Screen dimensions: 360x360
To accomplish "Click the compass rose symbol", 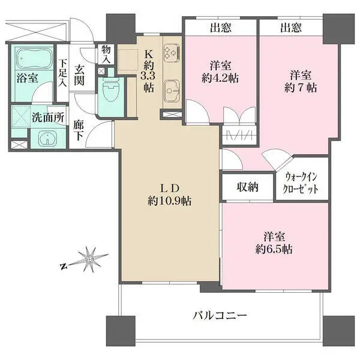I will (x=89, y=260).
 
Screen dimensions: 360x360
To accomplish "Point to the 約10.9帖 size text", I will (x=170, y=202).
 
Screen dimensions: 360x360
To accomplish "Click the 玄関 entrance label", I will (x=79, y=76).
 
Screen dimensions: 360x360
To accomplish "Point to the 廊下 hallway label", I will (x=79, y=130).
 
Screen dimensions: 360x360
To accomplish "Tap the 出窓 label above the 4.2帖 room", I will (x=221, y=27).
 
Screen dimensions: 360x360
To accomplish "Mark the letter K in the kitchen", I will (x=149, y=53).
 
